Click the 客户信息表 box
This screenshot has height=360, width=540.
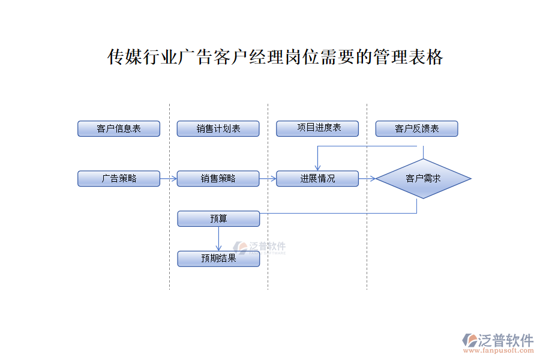coord(119,128)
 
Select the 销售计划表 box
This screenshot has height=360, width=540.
coord(218,128)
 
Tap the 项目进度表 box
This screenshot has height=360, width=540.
coord(317,128)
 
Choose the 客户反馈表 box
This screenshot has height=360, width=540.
coord(416,128)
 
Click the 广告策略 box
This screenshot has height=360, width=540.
coord(119,178)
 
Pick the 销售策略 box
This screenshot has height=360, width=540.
coord(218,178)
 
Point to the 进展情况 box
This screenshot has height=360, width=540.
coord(317,178)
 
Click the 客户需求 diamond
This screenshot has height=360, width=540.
coord(423,178)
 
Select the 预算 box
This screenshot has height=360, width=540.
coord(218,218)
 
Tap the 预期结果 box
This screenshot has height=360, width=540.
coord(218,259)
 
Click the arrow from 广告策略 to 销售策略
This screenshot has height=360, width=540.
coord(169,178)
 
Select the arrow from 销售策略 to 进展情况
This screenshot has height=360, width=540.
coord(268,178)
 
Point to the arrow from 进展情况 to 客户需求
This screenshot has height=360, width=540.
coord(367,178)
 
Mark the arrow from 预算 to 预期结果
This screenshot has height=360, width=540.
coord(218,239)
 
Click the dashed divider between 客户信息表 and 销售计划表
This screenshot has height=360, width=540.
coord(169,198)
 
